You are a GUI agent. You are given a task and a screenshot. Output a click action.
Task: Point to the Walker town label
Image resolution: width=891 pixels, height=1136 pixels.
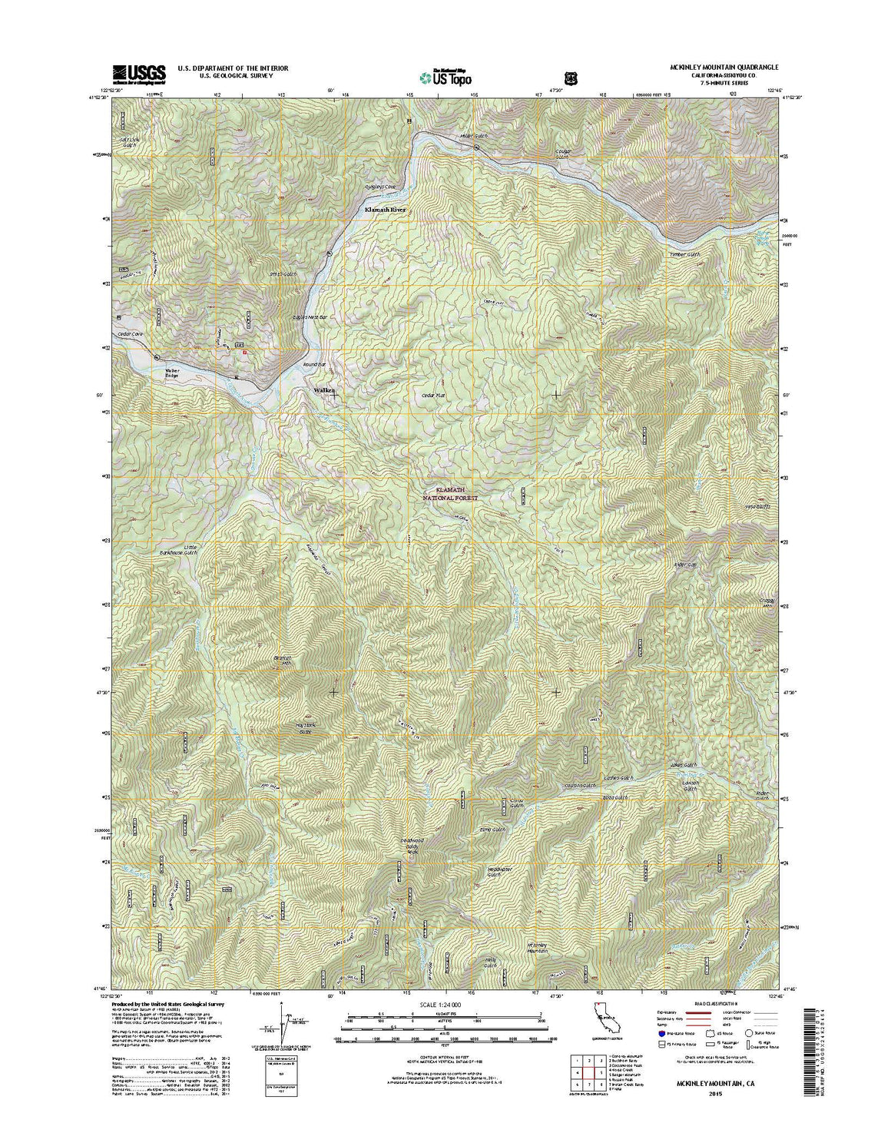coord(324,391)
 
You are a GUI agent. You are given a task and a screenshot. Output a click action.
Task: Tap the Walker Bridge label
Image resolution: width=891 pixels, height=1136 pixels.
coord(171,373)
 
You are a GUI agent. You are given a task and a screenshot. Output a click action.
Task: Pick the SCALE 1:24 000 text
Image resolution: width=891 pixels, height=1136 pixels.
coord(445,1004)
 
